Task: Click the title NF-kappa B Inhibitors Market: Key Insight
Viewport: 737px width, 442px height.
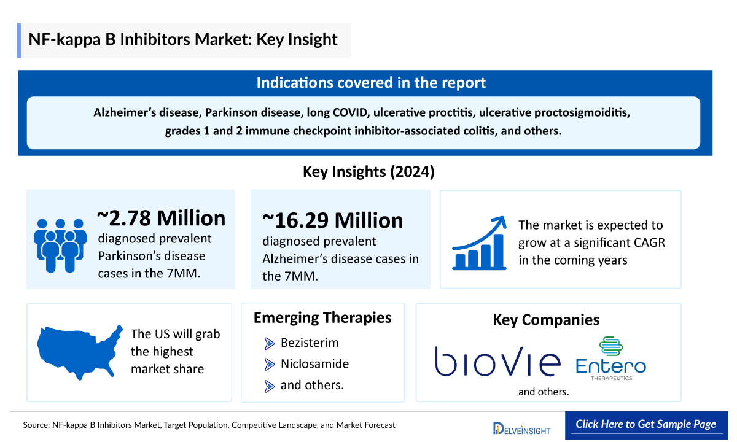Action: click(183, 40)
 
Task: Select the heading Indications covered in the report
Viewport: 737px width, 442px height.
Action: click(371, 83)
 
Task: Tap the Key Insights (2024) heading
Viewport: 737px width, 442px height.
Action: click(368, 171)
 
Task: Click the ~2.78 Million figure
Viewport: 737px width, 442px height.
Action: click(162, 218)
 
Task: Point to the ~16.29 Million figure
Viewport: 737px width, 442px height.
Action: click(333, 220)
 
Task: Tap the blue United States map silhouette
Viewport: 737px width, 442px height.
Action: click(80, 351)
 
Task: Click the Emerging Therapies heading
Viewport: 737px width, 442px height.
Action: click(322, 317)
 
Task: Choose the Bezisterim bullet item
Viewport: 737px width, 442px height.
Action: click(310, 343)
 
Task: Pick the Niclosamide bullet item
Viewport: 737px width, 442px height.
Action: click(314, 364)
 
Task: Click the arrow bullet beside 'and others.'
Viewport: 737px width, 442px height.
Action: click(270, 386)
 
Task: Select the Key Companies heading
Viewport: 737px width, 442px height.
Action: click(546, 320)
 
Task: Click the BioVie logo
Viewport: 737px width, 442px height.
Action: click(497, 361)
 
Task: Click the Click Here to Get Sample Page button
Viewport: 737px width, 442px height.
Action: click(645, 424)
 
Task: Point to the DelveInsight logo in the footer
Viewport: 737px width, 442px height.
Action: click(521, 427)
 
